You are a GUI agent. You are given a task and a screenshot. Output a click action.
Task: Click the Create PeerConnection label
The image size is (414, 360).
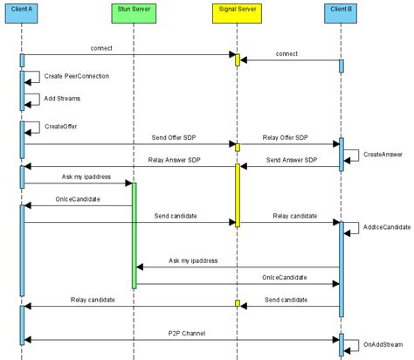[76, 77]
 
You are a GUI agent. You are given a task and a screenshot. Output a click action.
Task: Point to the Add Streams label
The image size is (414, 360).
[63, 99]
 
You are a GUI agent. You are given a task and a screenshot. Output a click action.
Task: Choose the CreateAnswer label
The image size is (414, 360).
[383, 155]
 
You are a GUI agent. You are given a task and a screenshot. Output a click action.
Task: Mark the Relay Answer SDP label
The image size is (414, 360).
[168, 160]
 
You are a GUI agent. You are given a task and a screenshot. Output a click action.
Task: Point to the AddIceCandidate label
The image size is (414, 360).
[384, 227]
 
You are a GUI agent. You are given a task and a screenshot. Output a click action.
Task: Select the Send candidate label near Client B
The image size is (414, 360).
[286, 299]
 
